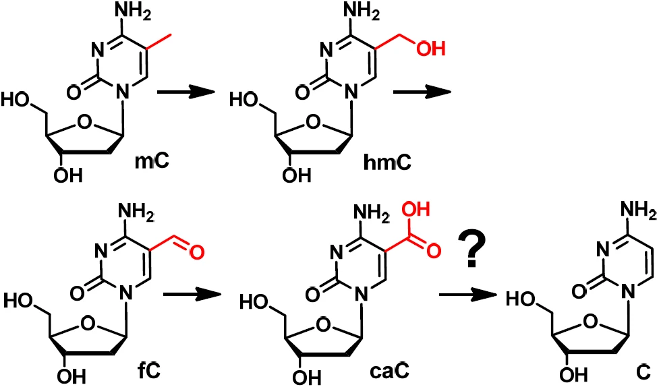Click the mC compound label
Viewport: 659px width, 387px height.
(152, 160)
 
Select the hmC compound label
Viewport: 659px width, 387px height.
(387, 162)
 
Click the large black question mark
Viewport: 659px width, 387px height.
(471, 249)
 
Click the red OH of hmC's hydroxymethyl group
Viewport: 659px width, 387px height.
(430, 49)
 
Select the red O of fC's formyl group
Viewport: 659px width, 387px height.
(196, 252)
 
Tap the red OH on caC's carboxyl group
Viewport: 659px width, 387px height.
(416, 209)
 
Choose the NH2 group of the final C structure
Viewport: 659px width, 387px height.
(638, 209)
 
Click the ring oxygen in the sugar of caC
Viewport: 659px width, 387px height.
(323, 324)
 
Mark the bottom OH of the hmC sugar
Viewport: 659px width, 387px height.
(297, 175)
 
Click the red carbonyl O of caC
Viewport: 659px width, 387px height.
(433, 251)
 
